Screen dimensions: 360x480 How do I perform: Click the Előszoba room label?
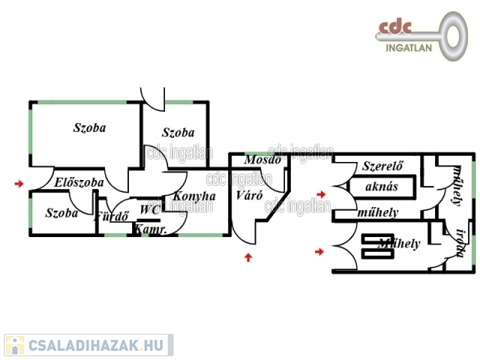[x=79, y=182]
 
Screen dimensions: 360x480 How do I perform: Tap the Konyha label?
[x=194, y=196]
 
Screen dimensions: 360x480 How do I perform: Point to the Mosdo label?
[x=262, y=160]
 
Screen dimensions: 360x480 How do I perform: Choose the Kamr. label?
[x=151, y=230]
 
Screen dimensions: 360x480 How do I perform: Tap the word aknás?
[x=381, y=187]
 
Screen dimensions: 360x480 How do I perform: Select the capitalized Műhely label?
[x=399, y=244]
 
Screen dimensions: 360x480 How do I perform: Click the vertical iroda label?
[x=460, y=244]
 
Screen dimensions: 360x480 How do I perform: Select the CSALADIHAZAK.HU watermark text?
[x=96, y=345]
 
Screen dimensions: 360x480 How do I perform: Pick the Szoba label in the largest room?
[x=89, y=127]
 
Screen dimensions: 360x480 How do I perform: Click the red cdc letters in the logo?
[x=395, y=27]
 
